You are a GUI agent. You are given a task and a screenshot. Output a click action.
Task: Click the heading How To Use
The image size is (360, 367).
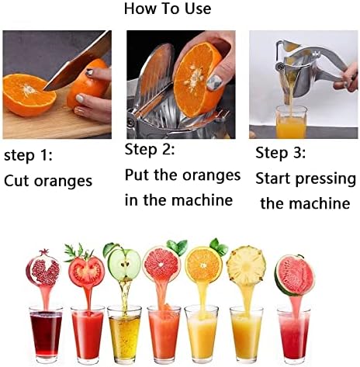[x=168, y=9]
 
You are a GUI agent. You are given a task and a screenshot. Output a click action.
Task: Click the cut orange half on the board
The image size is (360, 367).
[x=29, y=94]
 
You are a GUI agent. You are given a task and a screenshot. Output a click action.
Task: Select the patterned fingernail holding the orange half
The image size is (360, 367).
[x=214, y=82]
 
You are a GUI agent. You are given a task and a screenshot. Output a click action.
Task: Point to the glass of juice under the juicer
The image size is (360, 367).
[x=291, y=122]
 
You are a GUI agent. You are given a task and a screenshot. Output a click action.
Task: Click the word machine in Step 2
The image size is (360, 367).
[x=201, y=200]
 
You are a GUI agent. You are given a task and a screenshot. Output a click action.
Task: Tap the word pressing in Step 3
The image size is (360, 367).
[x=325, y=179]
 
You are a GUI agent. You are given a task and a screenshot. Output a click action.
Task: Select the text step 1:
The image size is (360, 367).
[x=28, y=156]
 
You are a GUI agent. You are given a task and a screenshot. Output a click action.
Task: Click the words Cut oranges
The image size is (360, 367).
[x=48, y=181]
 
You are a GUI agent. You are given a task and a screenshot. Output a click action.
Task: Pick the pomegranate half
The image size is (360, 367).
[x=43, y=268]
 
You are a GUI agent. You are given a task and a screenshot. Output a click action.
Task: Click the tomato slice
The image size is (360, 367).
[x=86, y=270]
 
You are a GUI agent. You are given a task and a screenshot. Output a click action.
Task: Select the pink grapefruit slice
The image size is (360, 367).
[x=161, y=264]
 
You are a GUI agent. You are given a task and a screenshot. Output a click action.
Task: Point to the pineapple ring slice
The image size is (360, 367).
[x=246, y=266]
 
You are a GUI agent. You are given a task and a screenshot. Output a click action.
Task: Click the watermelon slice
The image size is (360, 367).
[x=294, y=275]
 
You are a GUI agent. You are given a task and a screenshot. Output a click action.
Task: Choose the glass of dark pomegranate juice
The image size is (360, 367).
[x=46, y=334]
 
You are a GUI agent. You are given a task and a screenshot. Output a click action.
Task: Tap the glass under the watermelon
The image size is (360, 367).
[x=293, y=335]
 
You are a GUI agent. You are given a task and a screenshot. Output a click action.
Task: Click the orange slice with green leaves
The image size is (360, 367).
[x=203, y=265]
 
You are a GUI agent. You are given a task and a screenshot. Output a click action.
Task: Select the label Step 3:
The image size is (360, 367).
[x=280, y=153]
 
